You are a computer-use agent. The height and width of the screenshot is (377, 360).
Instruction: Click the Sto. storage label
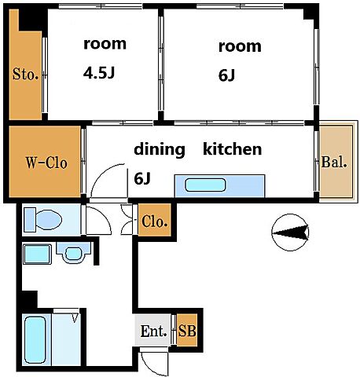click(x=25, y=74)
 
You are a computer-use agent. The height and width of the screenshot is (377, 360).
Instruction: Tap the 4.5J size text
click(x=99, y=73)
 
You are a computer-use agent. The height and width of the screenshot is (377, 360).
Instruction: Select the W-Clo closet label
click(x=46, y=163)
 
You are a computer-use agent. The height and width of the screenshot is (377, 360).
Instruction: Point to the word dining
click(x=160, y=150)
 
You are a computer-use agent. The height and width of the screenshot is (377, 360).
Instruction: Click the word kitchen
click(x=233, y=148)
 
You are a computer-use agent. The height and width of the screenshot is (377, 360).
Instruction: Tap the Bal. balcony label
click(x=334, y=162)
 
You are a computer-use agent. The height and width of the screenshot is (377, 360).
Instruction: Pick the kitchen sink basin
click(x=205, y=185)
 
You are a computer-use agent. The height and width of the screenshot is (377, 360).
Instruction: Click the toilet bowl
click(x=49, y=219)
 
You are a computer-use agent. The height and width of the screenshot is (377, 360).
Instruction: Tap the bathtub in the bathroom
click(x=35, y=339)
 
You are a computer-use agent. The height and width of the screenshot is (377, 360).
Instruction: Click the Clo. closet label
click(x=155, y=221)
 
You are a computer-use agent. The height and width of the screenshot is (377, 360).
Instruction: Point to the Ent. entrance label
click(x=153, y=331)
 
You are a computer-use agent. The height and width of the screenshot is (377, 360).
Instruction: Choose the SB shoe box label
click(x=187, y=331)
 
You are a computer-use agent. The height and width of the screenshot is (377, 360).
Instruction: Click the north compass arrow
click(x=291, y=232)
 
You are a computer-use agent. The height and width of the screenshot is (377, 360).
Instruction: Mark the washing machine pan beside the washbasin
click(x=37, y=254)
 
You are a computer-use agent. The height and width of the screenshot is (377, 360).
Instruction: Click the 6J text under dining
click(x=142, y=179)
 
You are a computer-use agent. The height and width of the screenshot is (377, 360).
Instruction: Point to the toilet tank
click(x=30, y=220)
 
